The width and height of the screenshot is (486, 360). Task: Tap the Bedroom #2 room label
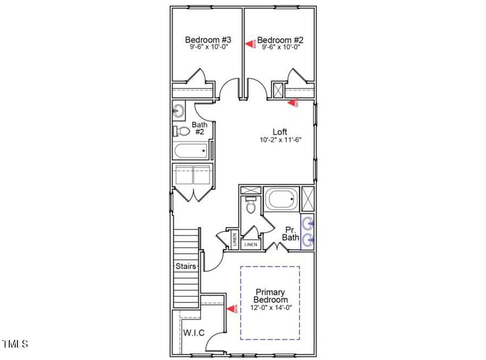tap(280, 41)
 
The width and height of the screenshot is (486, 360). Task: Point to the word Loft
tap(279, 131)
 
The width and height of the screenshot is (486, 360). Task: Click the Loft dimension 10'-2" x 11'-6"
tap(279, 140)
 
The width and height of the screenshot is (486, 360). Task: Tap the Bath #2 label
tap(200, 128)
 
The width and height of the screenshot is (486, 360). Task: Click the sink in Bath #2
tap(179, 110)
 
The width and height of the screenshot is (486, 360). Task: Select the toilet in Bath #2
tap(181, 131)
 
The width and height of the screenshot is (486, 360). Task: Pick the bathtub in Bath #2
tap(191, 151)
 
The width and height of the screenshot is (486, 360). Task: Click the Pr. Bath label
tap(290, 234)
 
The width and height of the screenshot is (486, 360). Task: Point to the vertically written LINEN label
tap(234, 239)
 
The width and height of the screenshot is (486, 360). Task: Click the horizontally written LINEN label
tap(250, 245)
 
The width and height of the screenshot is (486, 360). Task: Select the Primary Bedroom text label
tap(271, 296)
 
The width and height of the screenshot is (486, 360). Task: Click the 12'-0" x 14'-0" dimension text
tap(271, 308)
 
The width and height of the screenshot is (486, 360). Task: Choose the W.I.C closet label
tap(193, 332)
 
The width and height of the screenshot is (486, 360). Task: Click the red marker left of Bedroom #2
tap(249, 42)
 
